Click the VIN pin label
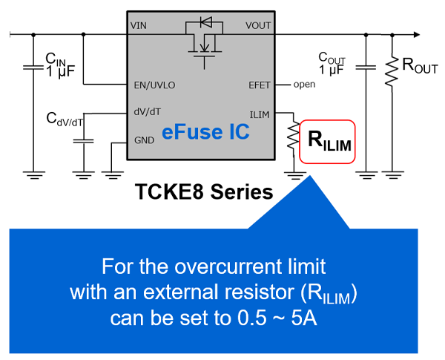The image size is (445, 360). point(139,25)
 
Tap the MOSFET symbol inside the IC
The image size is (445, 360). point(202,46)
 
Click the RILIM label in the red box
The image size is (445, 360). point(327,140)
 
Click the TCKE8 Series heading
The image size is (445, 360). point(204,192)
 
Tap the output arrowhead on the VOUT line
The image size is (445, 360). point(418,34)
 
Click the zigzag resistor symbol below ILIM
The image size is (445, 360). point(294,137)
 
